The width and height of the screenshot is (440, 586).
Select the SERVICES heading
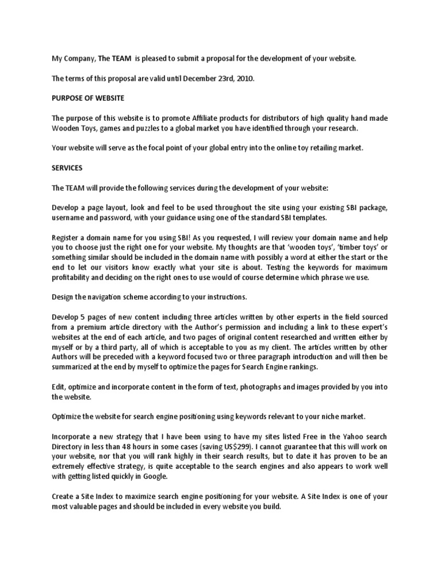(67, 168)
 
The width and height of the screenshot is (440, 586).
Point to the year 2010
(243, 77)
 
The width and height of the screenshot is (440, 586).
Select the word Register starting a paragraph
(66, 237)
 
